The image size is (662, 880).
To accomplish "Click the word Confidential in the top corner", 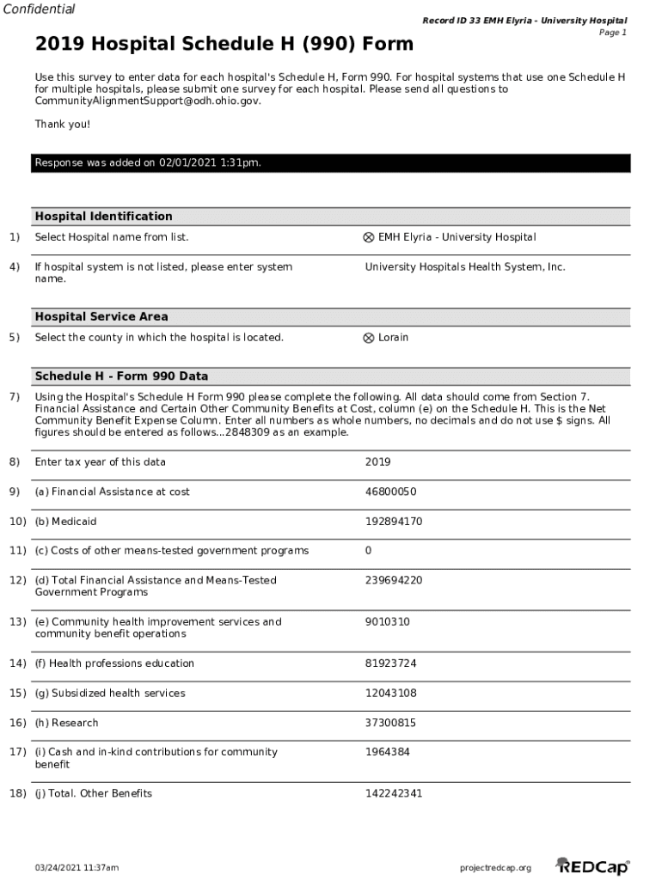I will pos(39,9).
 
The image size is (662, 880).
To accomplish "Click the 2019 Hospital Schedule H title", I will pos(224,44).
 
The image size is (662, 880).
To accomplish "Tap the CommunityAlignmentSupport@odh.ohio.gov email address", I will pos(147,101).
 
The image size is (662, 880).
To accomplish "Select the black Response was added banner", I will pos(332,162).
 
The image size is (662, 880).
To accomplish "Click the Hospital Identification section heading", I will pos(103,217).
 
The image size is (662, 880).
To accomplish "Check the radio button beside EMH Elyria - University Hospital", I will pos(369,238).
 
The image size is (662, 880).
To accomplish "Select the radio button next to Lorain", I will pos(369,338).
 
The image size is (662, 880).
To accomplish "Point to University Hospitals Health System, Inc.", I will pos(465,267).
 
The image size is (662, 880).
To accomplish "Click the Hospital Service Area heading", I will pos(101,317).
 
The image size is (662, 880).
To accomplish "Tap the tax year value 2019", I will pos(377,462).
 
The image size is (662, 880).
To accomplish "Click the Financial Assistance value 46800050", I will pos(390,492).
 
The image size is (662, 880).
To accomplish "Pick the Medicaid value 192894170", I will pos(394,522).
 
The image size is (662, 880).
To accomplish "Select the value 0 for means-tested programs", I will pos(369,551).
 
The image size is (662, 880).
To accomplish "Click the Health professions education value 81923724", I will pos(390,663).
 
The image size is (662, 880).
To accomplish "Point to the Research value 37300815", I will pos(390,724).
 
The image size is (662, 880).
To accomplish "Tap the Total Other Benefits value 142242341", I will pos(394,794).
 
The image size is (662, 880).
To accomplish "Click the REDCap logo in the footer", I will pos(592,866).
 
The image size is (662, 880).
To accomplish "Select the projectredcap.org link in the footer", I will pos(496,868).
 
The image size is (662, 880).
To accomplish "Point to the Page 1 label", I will pos(612,33).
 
